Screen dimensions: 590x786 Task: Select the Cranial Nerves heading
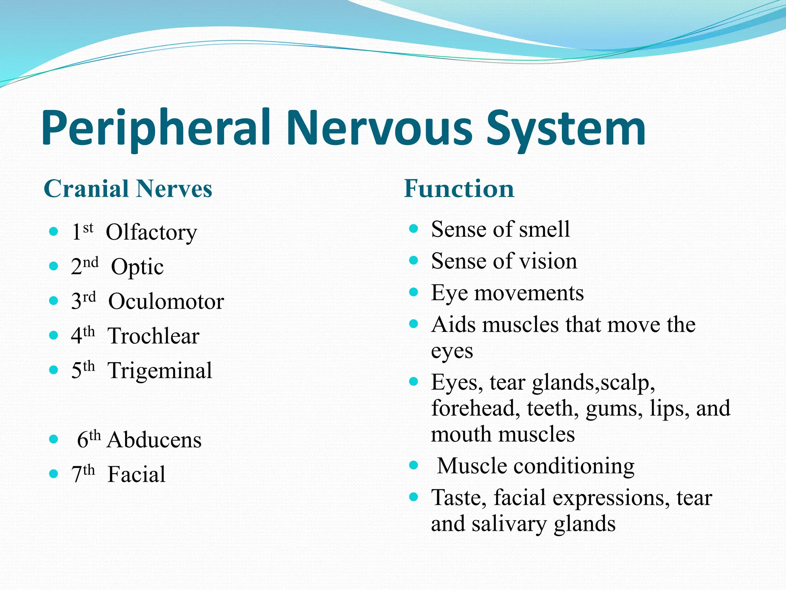(x=128, y=189)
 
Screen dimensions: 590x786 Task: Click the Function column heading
(x=459, y=189)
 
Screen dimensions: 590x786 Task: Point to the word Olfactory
(x=151, y=233)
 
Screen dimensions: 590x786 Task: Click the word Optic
(x=137, y=267)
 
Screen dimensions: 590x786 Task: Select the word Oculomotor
(x=166, y=302)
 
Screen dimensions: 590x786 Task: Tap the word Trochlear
(x=153, y=336)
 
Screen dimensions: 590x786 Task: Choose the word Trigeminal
(x=160, y=371)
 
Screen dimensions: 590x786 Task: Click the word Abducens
(x=154, y=440)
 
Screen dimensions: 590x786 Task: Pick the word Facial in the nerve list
(x=136, y=474)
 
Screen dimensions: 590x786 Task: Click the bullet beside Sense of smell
(x=413, y=229)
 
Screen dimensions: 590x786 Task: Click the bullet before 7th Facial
(x=53, y=474)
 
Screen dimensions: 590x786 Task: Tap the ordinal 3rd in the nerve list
(x=83, y=301)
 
